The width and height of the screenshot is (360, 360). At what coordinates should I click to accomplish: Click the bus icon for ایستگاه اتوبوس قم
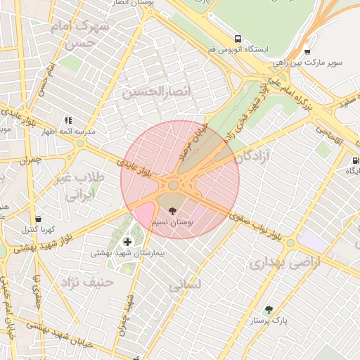(x=238, y=39)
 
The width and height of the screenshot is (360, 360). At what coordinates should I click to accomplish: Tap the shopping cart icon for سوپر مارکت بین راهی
(x=307, y=51)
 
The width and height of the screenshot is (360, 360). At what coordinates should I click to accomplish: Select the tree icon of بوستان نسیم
(x=173, y=209)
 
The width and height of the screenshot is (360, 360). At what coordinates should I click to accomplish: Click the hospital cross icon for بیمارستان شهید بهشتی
(x=127, y=241)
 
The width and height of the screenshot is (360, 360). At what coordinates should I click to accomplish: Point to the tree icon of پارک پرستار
(x=268, y=309)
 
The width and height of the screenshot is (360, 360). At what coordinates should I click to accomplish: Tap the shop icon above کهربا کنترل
(x=38, y=218)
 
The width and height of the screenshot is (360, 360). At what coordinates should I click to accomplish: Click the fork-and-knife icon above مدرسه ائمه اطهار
(x=68, y=120)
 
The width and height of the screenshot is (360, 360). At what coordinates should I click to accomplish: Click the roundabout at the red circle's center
(x=173, y=185)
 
